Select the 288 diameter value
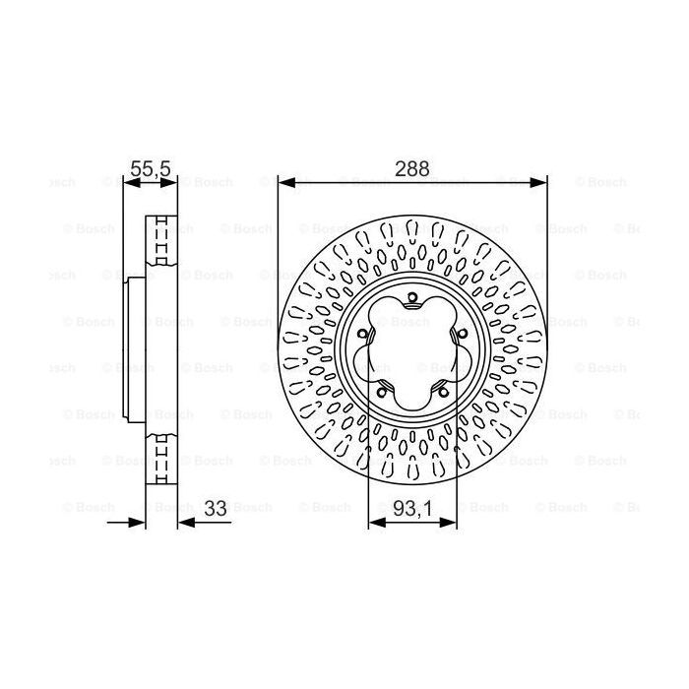[x=411, y=168]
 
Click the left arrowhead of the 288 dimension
[x=284, y=182]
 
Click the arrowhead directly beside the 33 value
[x=185, y=522]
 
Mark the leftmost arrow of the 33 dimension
[x=138, y=522]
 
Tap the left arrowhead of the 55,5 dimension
[x=129, y=182]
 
